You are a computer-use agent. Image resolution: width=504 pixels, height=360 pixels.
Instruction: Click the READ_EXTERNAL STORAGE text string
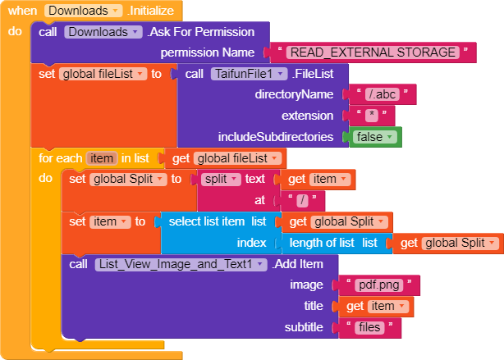click(373, 52)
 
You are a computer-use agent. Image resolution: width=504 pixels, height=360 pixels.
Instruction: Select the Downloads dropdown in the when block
click(83, 11)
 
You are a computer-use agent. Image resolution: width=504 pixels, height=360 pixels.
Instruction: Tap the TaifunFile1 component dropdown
click(249, 74)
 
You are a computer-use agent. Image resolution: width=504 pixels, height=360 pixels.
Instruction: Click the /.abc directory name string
click(383, 94)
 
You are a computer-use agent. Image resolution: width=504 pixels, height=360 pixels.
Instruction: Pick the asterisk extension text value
click(372, 116)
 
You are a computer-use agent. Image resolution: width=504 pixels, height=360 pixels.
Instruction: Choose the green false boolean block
click(375, 137)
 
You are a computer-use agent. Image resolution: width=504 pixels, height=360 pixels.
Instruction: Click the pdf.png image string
click(379, 285)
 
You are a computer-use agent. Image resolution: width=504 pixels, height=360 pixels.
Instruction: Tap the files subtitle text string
click(369, 327)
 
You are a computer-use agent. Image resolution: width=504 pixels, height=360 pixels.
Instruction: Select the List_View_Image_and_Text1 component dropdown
click(181, 264)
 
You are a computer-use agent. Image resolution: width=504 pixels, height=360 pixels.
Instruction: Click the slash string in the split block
click(302, 201)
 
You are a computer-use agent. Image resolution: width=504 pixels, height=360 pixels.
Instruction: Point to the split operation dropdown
click(221, 180)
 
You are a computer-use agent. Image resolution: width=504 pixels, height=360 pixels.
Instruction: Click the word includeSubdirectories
click(276, 137)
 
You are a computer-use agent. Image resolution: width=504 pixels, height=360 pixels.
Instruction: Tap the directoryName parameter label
click(294, 94)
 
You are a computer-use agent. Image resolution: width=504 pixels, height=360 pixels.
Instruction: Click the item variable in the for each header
click(102, 158)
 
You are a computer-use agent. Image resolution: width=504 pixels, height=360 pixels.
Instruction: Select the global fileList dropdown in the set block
click(103, 74)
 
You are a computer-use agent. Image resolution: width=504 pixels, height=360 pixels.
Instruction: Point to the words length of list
click(322, 243)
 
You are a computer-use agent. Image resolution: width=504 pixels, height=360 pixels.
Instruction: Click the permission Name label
click(208, 52)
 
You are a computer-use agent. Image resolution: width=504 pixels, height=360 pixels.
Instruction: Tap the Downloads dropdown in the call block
click(103, 32)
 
